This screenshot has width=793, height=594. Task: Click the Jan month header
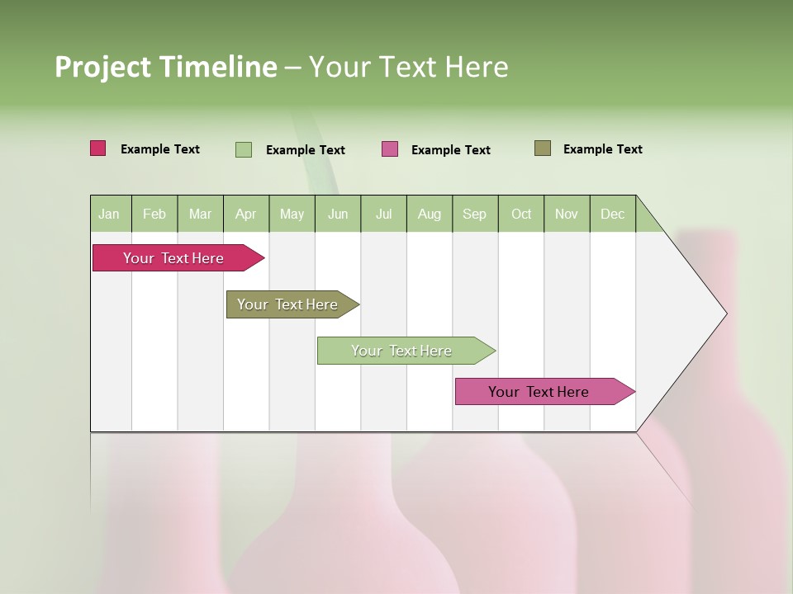[110, 214]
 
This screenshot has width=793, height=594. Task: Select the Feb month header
[154, 214]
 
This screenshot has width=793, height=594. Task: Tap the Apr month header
[246, 214]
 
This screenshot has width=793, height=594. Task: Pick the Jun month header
[338, 214]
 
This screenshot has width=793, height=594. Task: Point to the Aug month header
[430, 214]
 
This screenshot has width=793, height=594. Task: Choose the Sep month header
[475, 214]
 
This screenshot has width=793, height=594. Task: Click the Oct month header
[521, 214]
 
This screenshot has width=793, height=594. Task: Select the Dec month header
[613, 214]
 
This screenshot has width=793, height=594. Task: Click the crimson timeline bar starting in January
[173, 258]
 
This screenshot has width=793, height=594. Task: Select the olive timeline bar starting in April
[287, 304]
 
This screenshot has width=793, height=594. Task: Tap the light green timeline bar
[401, 351]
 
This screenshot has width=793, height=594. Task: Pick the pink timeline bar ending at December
[539, 392]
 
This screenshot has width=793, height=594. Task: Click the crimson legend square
[98, 148]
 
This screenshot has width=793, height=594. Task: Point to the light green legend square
[244, 149]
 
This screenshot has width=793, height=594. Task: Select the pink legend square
[390, 149]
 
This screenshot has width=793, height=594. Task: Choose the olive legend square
[543, 148]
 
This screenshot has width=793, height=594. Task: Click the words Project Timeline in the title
[165, 67]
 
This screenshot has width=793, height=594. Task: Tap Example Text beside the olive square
[602, 149]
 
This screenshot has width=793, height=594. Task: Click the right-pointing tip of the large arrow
[723, 313]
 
